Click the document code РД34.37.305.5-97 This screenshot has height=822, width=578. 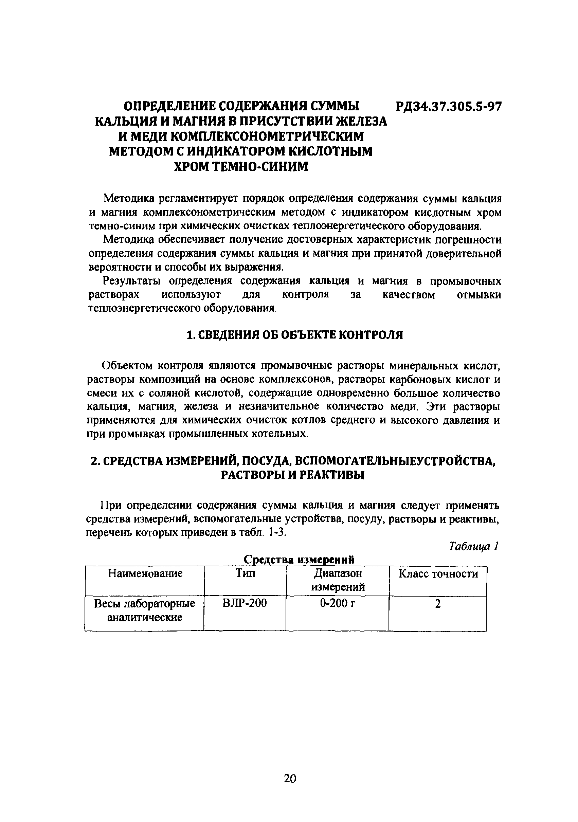[x=449, y=107]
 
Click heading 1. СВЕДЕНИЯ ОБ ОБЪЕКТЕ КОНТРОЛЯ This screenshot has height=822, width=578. [x=295, y=335]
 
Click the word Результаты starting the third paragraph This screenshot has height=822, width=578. [x=131, y=281]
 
